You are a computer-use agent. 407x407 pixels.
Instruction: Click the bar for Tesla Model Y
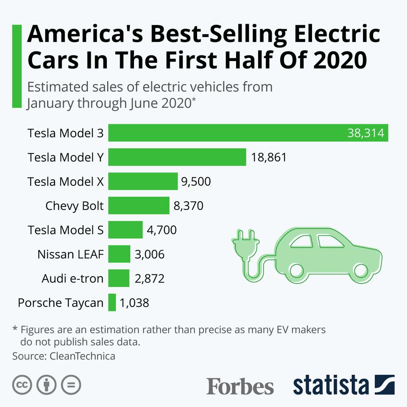(177, 157)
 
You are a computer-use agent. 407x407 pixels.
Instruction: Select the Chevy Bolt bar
(139, 206)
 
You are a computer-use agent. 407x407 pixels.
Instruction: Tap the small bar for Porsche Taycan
(112, 303)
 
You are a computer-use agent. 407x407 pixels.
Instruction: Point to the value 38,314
(365, 133)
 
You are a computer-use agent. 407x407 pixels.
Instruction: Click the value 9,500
(196, 182)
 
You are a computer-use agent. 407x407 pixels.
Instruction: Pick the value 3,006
(149, 254)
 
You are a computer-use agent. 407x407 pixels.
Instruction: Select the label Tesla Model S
(65, 230)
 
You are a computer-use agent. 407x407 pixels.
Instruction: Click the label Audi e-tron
(72, 279)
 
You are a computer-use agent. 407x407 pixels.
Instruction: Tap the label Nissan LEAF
(70, 254)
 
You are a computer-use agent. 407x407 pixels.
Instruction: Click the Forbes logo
(240, 386)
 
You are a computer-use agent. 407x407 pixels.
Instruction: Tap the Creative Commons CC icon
(22, 385)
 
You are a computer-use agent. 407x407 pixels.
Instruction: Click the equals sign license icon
(71, 385)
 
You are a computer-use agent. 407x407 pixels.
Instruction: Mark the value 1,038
(134, 303)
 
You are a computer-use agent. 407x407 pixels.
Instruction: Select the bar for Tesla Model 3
(248, 133)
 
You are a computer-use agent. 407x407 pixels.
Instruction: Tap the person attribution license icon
(47, 385)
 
